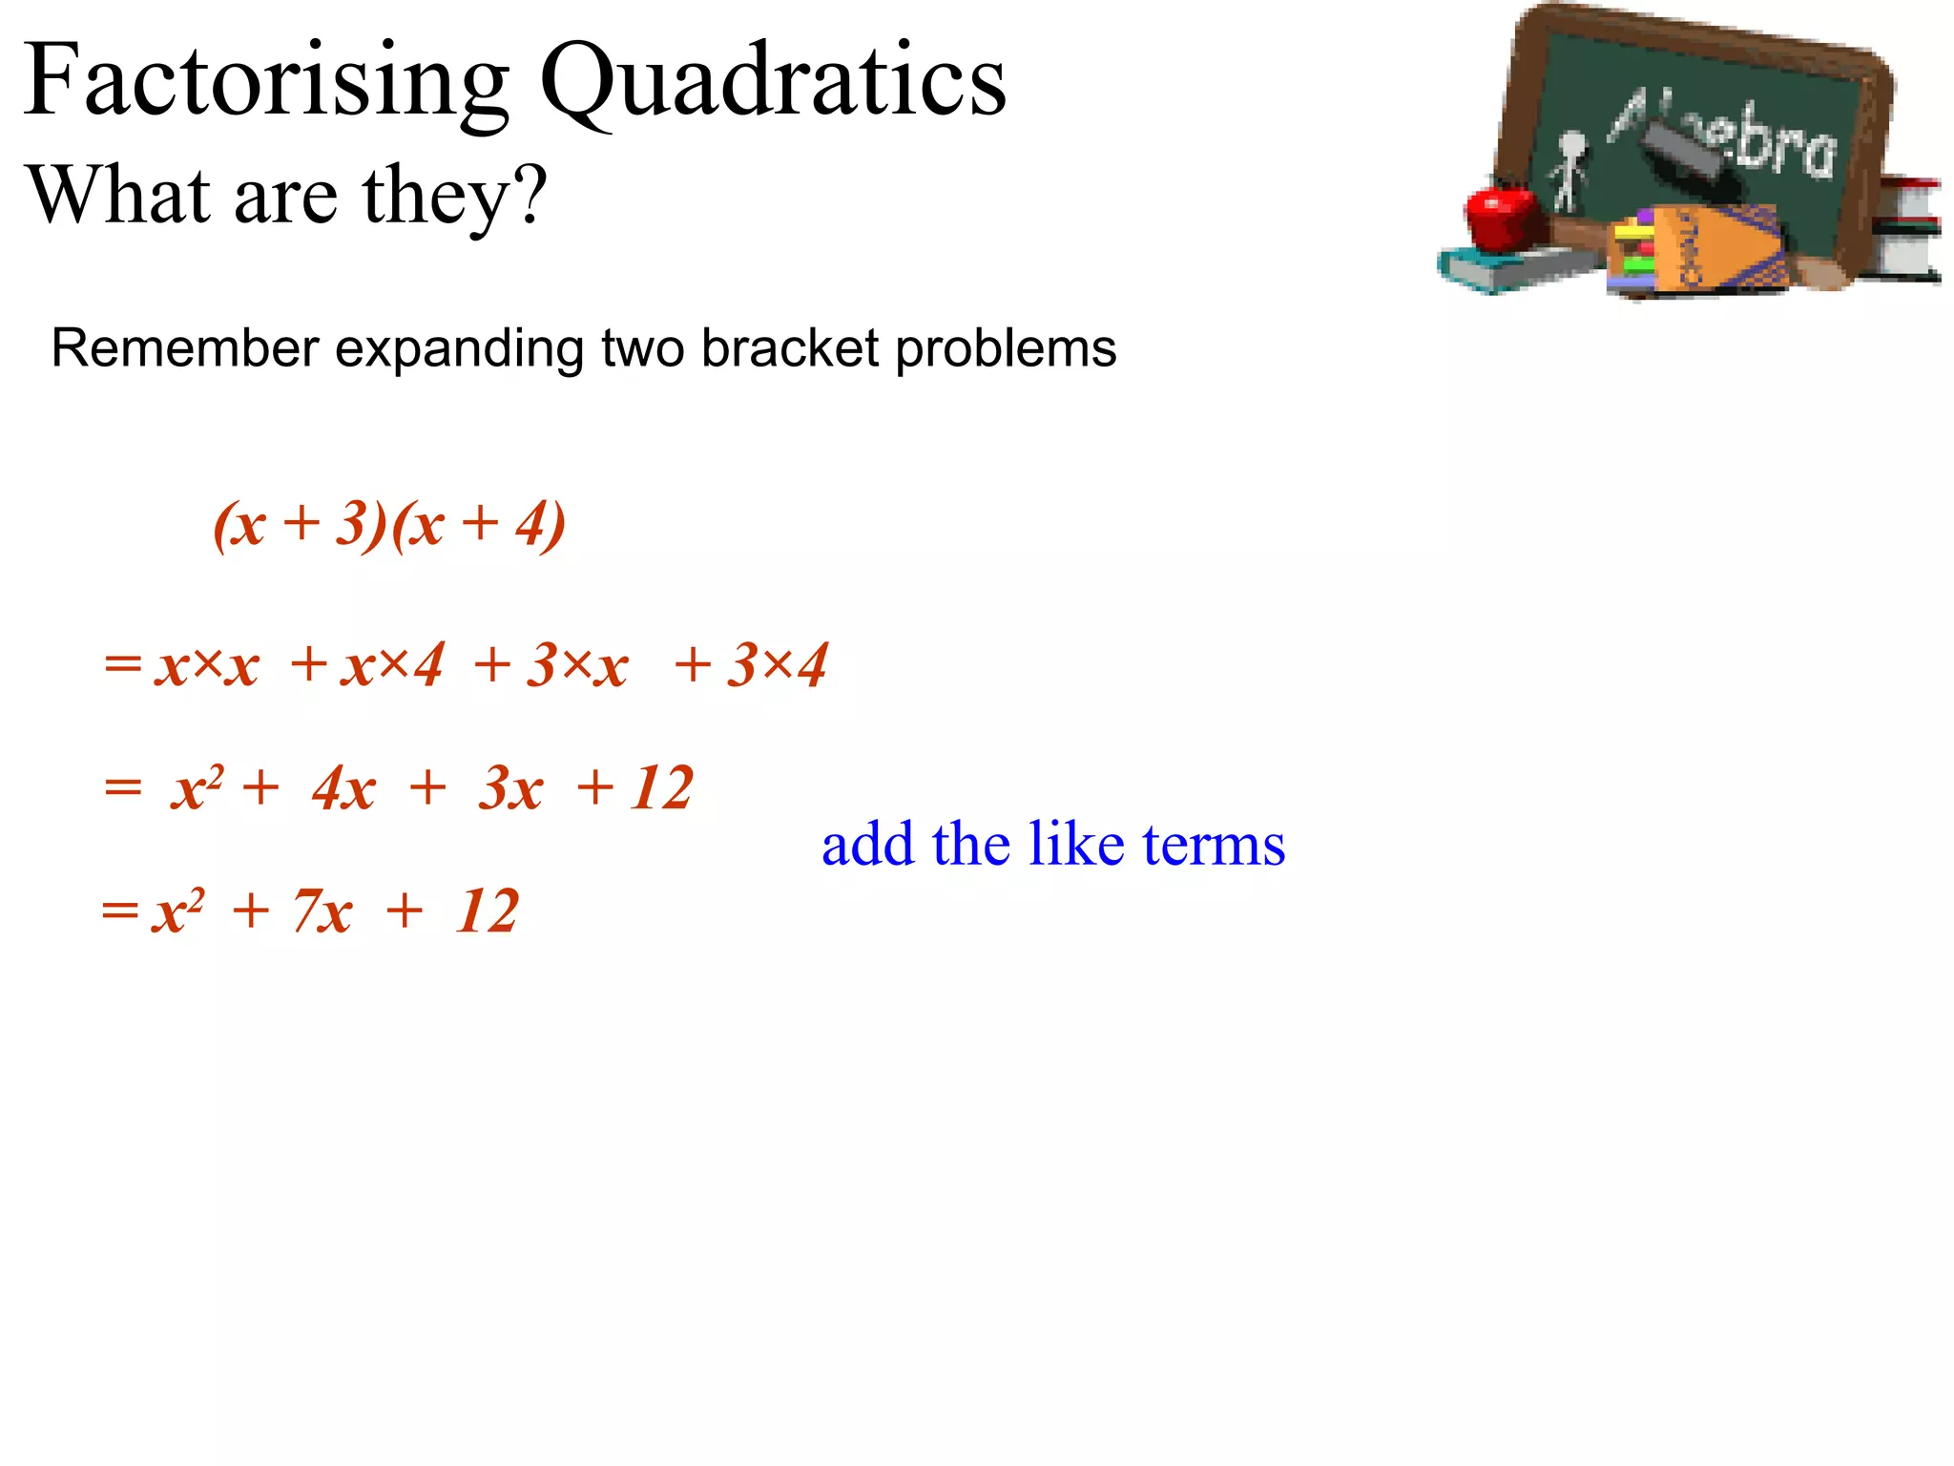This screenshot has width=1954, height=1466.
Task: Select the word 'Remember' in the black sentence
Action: (x=184, y=348)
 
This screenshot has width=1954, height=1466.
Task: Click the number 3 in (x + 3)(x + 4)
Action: (x=351, y=523)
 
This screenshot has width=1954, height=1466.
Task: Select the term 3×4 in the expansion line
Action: (x=777, y=664)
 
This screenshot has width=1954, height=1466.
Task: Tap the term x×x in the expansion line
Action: (x=207, y=664)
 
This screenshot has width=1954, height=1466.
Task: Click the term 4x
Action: (x=343, y=788)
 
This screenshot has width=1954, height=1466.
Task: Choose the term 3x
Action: (x=511, y=788)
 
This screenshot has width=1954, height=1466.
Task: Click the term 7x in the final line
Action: (x=322, y=911)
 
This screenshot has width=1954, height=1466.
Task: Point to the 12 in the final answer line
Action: (x=487, y=911)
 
